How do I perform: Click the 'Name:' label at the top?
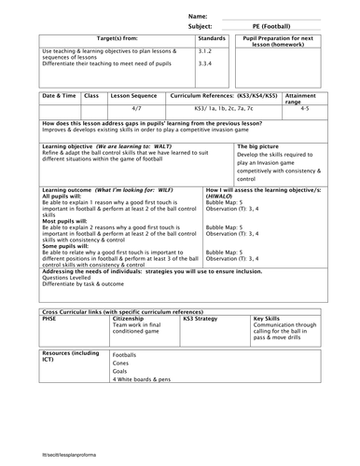pos(198,17)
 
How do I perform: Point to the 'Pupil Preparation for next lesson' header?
pos(275,43)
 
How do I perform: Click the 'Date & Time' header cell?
pos(60,95)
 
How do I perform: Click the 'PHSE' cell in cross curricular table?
pos(50,317)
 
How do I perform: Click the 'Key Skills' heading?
pos(268,317)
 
